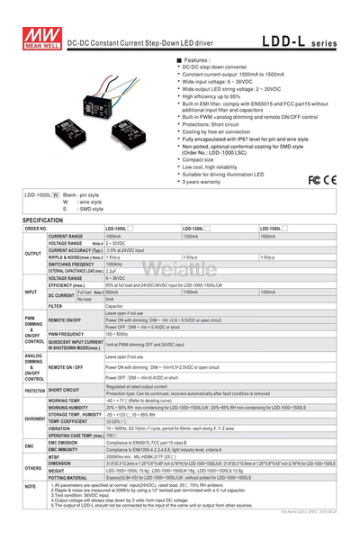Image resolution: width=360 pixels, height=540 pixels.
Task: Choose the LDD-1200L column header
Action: click(197, 229)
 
